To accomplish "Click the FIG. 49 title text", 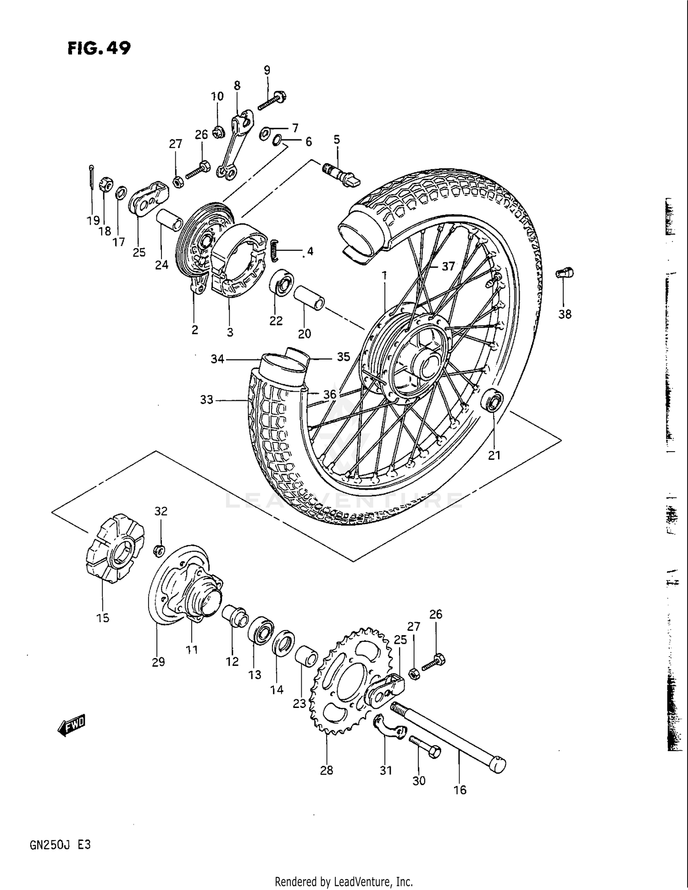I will pos(99,48).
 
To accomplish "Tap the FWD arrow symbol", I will pos(72,725).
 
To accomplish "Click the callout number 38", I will pos(565,314).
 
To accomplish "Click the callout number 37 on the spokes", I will pos(448,266).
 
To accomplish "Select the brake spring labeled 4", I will pos(274,251).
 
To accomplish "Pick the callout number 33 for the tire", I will pos(207,400).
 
